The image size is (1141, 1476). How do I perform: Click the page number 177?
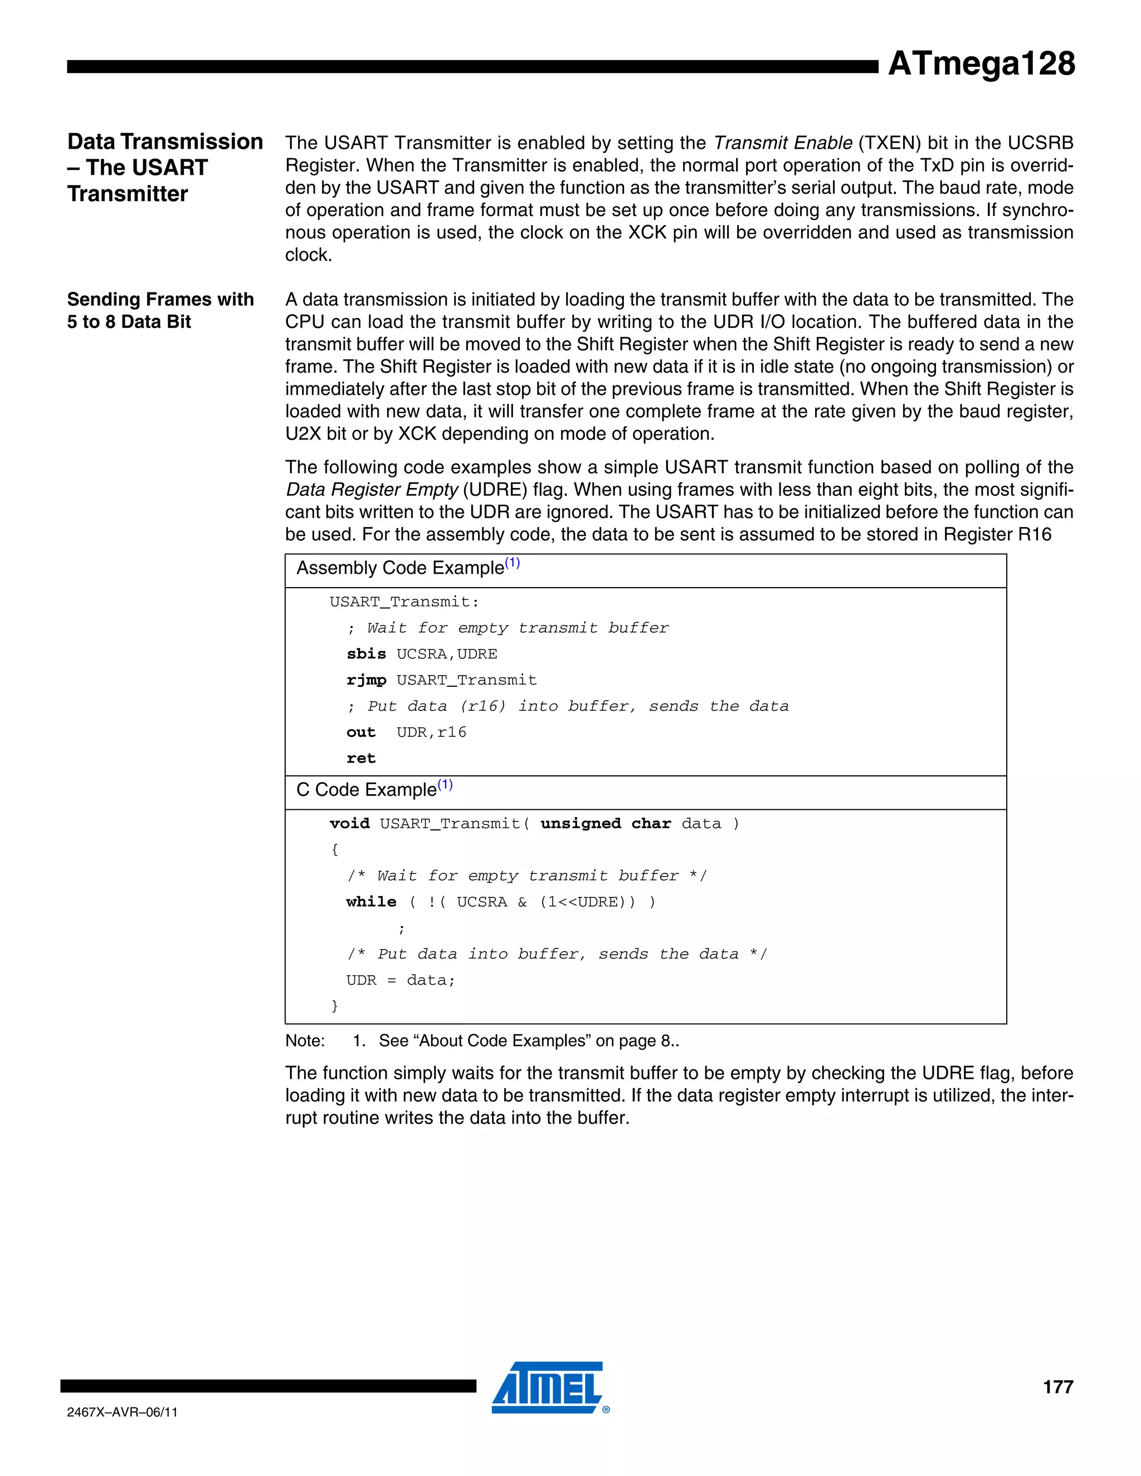(1058, 1387)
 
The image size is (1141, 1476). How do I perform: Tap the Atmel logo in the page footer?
(548, 1387)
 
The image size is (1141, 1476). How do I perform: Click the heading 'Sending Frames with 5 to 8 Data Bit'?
(160, 310)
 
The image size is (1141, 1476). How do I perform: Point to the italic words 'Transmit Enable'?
(783, 143)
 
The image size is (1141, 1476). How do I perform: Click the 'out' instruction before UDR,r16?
(361, 732)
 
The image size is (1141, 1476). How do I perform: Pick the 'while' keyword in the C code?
(371, 902)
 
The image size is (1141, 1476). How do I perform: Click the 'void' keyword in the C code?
(349, 824)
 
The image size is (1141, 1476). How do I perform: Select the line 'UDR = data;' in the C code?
(401, 981)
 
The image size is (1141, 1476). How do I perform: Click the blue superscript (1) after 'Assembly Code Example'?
(513, 563)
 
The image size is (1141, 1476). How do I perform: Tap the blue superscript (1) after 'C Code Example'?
(445, 785)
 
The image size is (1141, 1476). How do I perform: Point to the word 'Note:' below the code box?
(305, 1041)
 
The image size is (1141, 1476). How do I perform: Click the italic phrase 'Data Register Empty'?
(372, 490)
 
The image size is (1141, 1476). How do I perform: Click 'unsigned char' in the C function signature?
(606, 824)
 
